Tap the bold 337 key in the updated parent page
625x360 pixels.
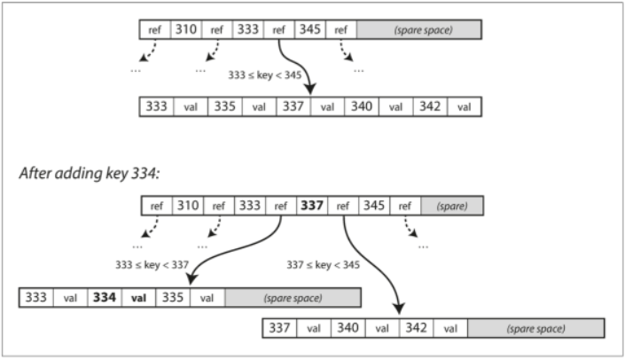click(x=311, y=207)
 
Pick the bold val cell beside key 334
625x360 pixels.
click(x=138, y=298)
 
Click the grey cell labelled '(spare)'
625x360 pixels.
click(x=453, y=207)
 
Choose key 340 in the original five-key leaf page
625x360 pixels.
click(x=362, y=107)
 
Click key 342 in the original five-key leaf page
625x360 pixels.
click(x=429, y=107)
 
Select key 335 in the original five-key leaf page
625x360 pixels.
click(x=225, y=107)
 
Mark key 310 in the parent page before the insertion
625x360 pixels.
click(x=186, y=29)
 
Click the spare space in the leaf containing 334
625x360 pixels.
click(x=293, y=298)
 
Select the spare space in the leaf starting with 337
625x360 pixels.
click(x=536, y=329)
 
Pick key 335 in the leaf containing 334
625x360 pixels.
click(x=173, y=298)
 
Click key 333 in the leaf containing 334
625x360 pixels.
click(x=36, y=298)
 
